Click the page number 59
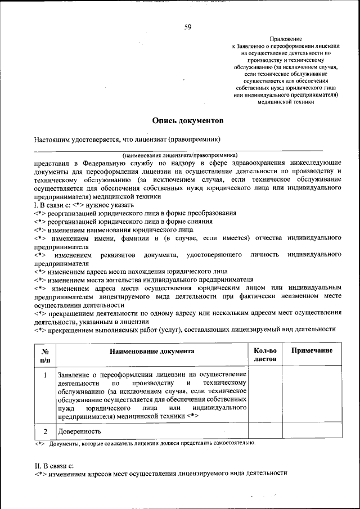point(188,26)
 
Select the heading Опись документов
point(188,120)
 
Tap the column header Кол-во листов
point(265,354)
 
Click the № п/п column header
point(45,354)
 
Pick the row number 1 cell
point(45,374)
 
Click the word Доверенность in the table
point(79,431)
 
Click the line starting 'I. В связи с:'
point(76,205)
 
